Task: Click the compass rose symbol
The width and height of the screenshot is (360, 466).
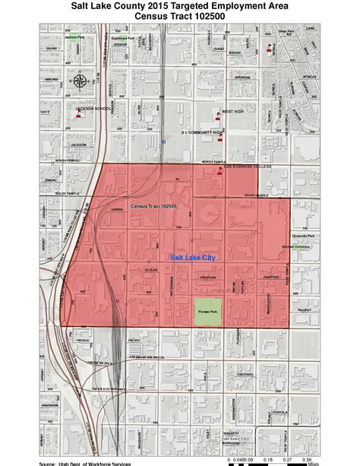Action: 81,83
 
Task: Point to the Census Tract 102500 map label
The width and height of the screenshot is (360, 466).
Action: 153,207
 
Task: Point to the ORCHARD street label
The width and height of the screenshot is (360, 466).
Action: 242,374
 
